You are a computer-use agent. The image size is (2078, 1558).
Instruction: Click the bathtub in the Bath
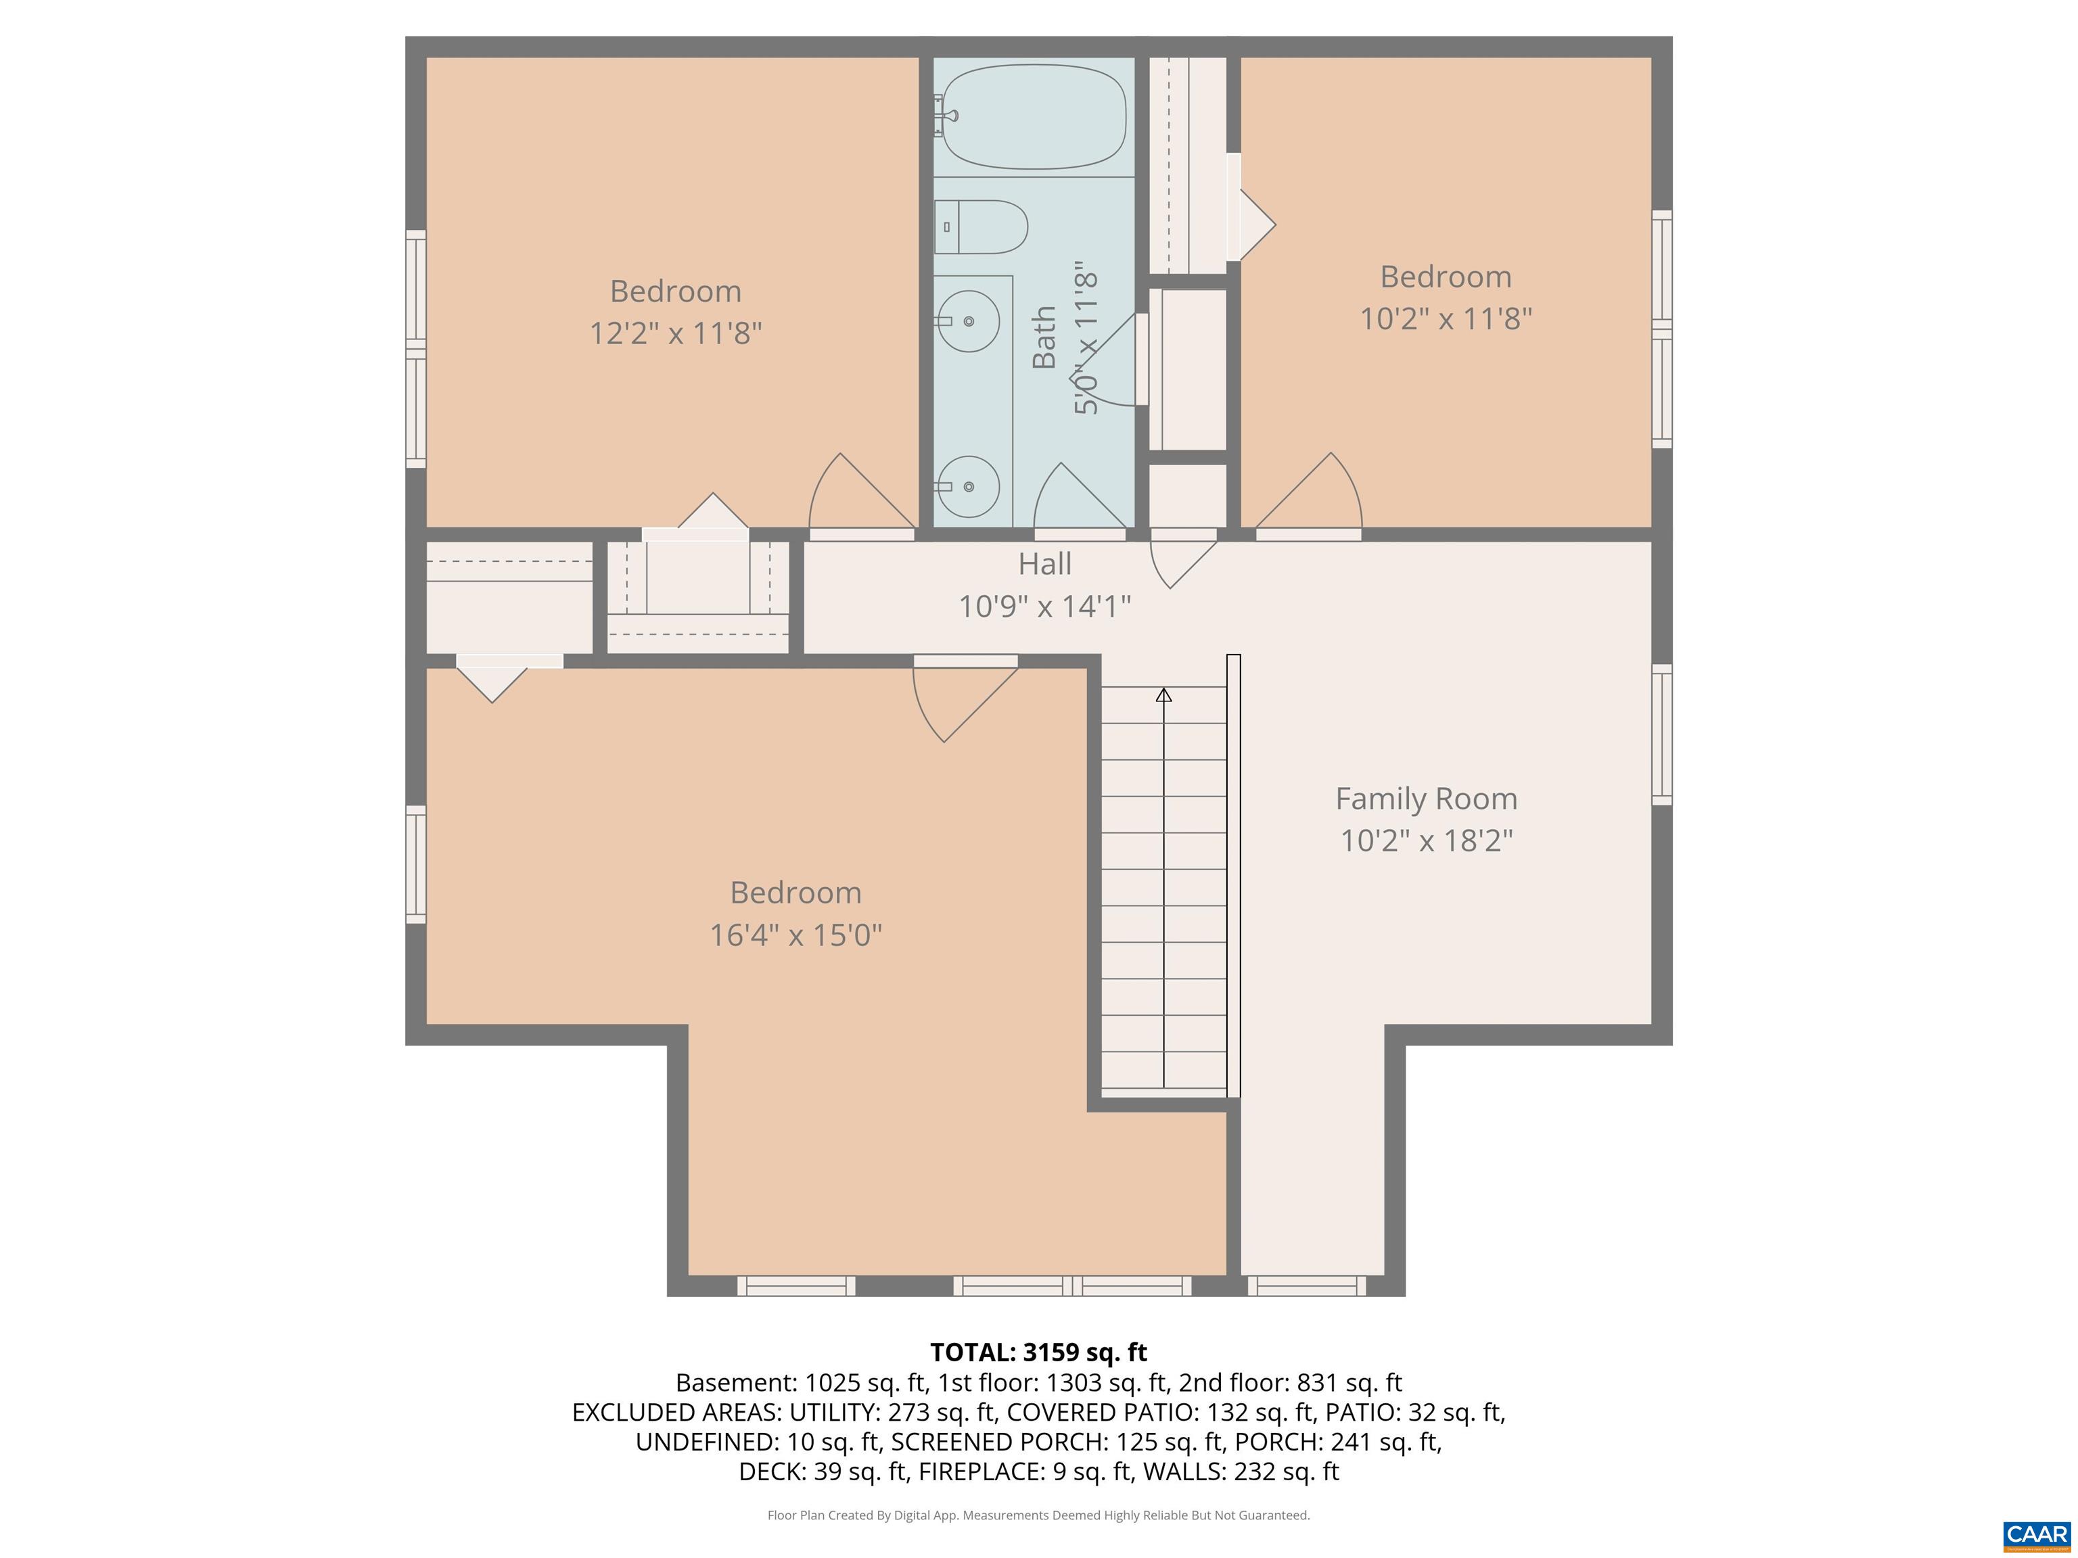1034,116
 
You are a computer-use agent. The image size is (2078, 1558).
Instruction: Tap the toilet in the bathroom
982,227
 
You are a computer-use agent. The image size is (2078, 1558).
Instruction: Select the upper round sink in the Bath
969,321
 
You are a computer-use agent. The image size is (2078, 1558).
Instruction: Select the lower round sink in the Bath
969,486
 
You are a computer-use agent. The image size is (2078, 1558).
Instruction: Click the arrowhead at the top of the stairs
1164,695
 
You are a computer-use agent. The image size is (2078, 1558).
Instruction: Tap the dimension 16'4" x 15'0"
795,935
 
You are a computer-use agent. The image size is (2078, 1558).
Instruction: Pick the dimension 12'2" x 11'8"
676,333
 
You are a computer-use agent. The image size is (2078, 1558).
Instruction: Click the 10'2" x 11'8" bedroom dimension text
1446,319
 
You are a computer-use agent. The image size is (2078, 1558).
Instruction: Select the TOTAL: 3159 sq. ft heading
1038,1352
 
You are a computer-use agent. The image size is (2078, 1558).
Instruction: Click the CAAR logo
2036,1534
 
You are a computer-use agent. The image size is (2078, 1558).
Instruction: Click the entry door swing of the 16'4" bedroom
959,700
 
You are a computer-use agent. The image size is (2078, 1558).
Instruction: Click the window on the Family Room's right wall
1662,734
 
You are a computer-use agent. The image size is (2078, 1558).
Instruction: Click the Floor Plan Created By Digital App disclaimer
1038,1515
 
